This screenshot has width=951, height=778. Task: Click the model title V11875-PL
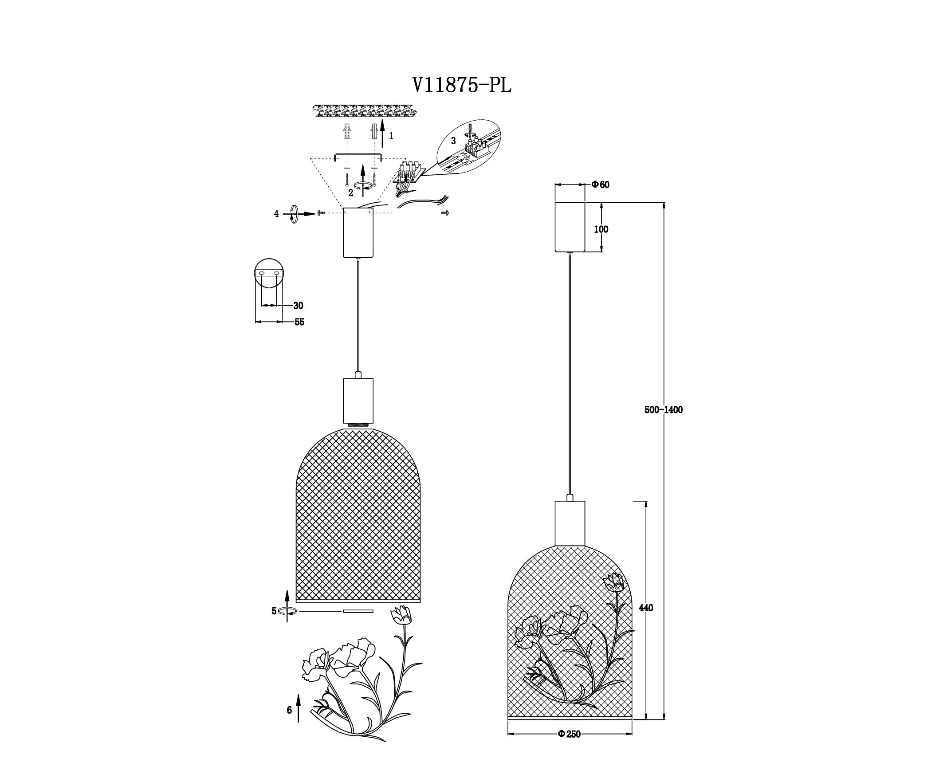(x=462, y=85)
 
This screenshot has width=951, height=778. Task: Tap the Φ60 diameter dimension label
(x=600, y=185)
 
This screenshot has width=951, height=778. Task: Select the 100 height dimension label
(x=601, y=229)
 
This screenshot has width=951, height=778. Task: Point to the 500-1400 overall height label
(x=663, y=409)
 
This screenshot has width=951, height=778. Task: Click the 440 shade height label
(x=646, y=608)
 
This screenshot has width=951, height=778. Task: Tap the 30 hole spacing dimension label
(x=299, y=306)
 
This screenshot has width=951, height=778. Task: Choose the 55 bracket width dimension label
(x=299, y=322)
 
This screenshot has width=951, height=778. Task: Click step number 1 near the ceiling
(x=391, y=136)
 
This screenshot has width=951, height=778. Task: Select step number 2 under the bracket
(x=350, y=193)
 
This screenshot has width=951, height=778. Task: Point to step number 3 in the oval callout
(x=453, y=141)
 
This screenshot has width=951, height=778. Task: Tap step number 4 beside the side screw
(x=276, y=214)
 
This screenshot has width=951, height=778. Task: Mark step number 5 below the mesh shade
(x=274, y=611)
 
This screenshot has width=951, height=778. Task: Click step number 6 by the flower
(x=289, y=710)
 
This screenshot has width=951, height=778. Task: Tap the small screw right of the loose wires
(x=445, y=213)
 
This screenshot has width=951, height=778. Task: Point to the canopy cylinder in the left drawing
(x=358, y=232)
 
